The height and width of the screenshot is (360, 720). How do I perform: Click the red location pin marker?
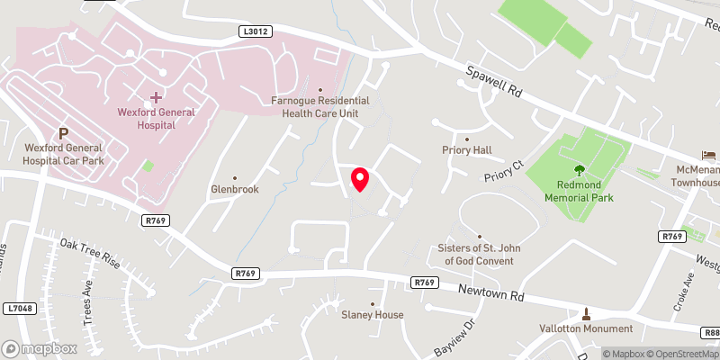point(359,179)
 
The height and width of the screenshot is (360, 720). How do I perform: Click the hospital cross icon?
point(157,96)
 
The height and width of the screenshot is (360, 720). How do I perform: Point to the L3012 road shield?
point(256,31)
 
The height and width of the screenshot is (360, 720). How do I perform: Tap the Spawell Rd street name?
point(493,82)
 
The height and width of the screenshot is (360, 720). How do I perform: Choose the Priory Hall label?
point(466,150)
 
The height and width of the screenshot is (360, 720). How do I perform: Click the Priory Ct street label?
point(503,170)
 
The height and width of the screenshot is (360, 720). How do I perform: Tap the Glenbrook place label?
point(235,190)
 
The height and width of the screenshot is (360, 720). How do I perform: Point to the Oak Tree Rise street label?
point(90,254)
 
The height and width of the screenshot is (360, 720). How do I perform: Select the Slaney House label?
point(372,314)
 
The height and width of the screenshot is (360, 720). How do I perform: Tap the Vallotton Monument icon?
point(586,313)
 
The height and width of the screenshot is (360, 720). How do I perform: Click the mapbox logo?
point(39,348)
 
